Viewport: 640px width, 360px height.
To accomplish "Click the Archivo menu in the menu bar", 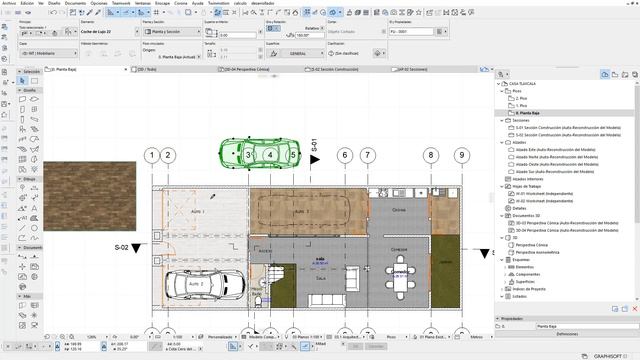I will click(9, 4).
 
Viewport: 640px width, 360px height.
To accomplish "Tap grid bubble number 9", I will click(461, 155).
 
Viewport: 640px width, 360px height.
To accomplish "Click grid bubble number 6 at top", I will click(344, 155).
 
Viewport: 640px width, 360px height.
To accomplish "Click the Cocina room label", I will click(398, 211).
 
